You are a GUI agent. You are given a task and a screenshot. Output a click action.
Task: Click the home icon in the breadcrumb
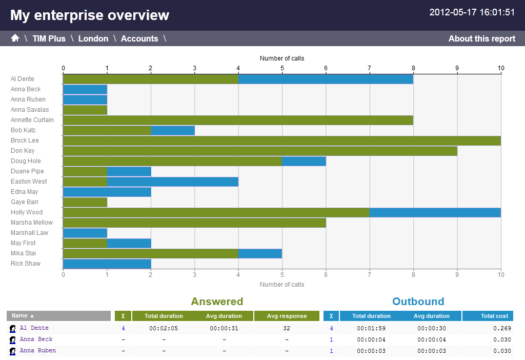pos(15,38)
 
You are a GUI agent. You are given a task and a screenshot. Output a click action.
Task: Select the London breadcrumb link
pos(93,38)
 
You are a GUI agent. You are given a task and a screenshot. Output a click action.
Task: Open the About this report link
pos(481,38)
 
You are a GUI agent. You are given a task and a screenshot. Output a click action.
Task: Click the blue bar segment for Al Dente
pos(326,79)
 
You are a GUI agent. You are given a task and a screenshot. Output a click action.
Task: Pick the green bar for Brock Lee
pos(281,141)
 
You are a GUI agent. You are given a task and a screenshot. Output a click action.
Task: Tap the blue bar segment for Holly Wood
pos(435,212)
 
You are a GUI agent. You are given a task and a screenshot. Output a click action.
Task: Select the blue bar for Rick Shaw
pos(107,264)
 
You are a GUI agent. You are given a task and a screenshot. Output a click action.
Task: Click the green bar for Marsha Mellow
pos(194,223)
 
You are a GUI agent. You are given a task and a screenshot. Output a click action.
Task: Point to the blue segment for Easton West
pos(172,182)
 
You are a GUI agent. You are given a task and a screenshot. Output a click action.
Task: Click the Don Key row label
pos(23,151)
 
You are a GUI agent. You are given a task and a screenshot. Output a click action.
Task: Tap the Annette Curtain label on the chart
pos(32,120)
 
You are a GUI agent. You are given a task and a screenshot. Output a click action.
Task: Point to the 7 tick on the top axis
pos(369,68)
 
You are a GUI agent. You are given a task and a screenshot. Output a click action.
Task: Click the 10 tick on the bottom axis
pos(501,275)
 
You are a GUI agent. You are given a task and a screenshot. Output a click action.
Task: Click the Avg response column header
pos(287,316)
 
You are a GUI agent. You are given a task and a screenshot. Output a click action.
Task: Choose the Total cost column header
pos(494,316)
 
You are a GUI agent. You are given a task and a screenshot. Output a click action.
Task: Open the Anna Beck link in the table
pos(36,339)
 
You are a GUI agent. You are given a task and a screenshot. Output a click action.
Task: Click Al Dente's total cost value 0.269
pos(502,328)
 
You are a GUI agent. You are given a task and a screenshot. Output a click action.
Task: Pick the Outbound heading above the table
pos(418,302)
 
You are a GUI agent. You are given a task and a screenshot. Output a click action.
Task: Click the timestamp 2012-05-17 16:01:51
pos(472,12)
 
